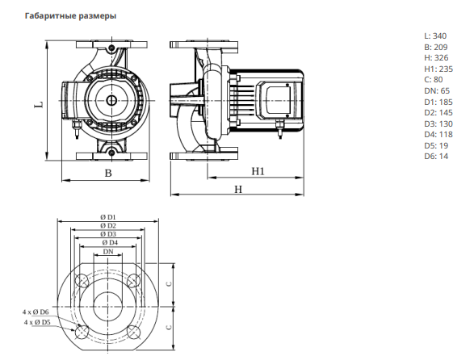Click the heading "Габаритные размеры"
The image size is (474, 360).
(x=70, y=16)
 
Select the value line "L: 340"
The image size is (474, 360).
(x=435, y=36)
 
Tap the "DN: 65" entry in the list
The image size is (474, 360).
(x=437, y=90)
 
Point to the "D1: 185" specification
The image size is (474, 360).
(x=438, y=102)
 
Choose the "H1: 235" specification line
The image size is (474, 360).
(x=438, y=69)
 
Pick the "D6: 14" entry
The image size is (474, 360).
(x=436, y=157)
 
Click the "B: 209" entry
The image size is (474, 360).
(x=436, y=47)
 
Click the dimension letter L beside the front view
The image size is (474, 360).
(x=40, y=105)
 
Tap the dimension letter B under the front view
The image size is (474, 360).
(x=108, y=174)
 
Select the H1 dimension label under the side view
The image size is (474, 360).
(x=258, y=171)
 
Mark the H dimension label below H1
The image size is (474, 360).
(x=238, y=190)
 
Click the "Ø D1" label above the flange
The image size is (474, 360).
(x=108, y=217)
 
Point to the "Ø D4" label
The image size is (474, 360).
(x=110, y=242)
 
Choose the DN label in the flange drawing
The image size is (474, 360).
(x=108, y=252)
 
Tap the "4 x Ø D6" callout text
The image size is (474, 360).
(x=36, y=312)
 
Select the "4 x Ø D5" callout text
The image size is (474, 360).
(x=37, y=322)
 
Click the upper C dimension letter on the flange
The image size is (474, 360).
(x=170, y=284)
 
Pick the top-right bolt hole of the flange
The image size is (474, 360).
(x=134, y=280)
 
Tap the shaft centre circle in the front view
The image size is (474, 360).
(x=111, y=100)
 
